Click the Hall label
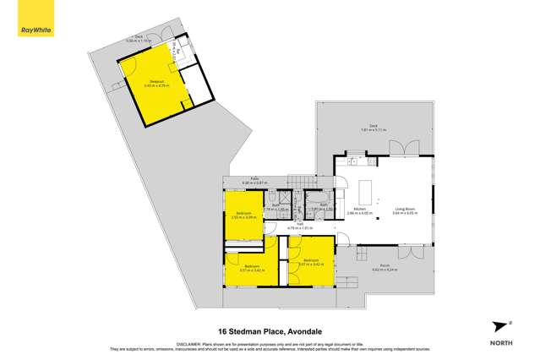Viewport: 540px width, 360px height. point(299,225)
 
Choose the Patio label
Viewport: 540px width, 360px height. point(254,180)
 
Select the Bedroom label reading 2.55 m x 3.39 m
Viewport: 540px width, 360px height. point(243,215)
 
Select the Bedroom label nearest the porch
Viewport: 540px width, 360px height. point(310,261)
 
